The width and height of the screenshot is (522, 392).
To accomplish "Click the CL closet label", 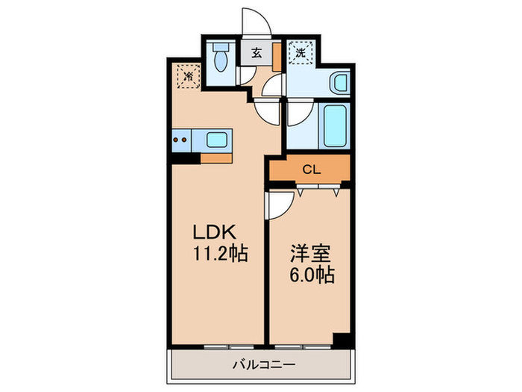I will pyautogui.click(x=311, y=169).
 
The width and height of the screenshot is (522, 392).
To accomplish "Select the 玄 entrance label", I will pyautogui.click(x=256, y=53).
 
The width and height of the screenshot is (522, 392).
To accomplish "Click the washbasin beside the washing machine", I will pyautogui.click(x=340, y=81).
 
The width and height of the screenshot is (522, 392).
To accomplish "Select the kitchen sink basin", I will pyautogui.click(x=218, y=139).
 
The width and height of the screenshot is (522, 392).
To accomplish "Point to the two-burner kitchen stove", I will pyautogui.click(x=180, y=138).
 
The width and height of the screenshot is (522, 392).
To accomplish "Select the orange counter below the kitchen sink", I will pyautogui.click(x=216, y=158).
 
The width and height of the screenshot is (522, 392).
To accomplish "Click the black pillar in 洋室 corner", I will pyautogui.click(x=341, y=338).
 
